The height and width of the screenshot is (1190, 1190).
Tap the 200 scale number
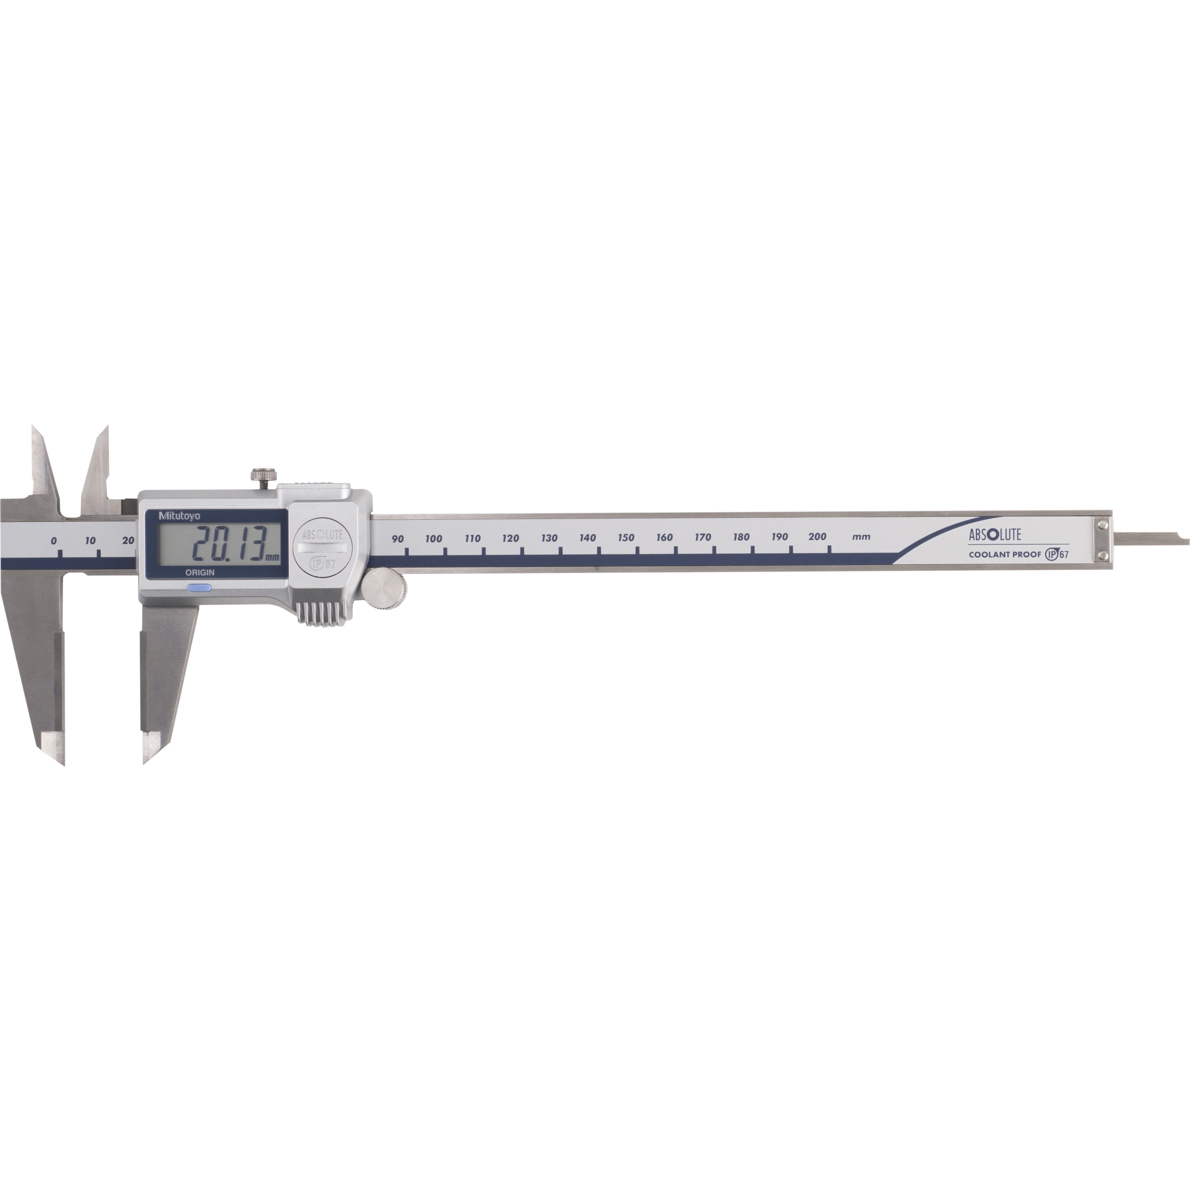pyautogui.click(x=818, y=536)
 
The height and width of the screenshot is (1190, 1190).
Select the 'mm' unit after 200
pyautogui.click(x=861, y=536)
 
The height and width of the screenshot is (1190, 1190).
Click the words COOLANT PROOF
pyautogui.click(x=1005, y=555)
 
